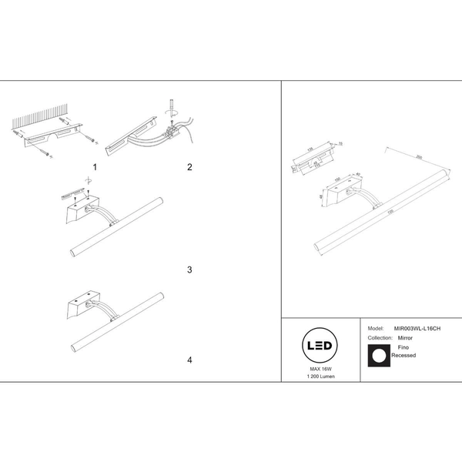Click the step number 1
click(x=95, y=167)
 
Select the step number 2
click(x=188, y=167)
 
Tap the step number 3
click(x=188, y=270)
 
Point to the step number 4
click(x=188, y=360)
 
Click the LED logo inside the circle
click(x=320, y=346)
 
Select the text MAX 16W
click(x=320, y=370)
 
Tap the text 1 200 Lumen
click(x=320, y=377)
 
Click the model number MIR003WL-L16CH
click(x=417, y=328)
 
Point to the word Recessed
click(x=403, y=357)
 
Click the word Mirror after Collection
click(x=405, y=337)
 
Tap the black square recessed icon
click(x=377, y=355)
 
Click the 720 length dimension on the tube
click(x=390, y=212)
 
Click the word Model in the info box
click(x=376, y=328)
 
